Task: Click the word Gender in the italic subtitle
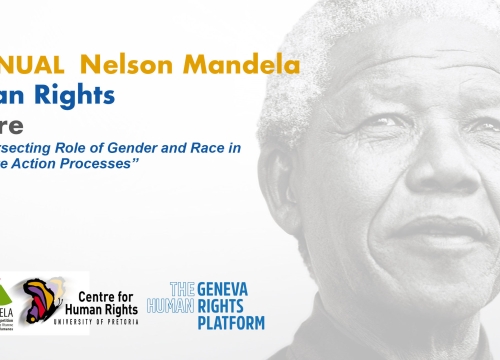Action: tap(153, 149)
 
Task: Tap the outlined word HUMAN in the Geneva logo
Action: tap(165, 305)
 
